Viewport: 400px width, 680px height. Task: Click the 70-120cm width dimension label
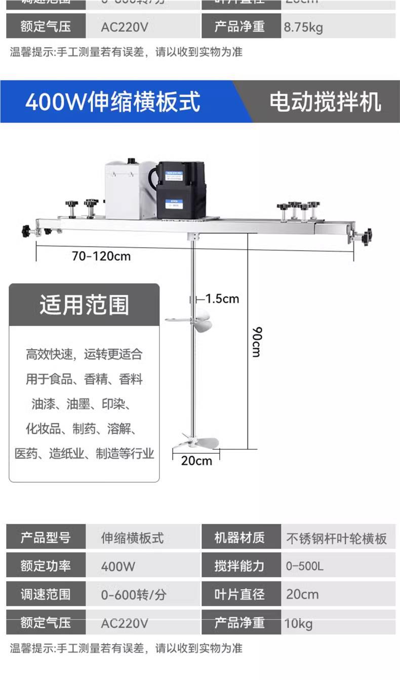point(101,256)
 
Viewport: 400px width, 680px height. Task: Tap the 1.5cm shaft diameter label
point(222,299)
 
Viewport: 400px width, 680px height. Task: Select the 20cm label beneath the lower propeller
point(196,461)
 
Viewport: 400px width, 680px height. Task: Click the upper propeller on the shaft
point(188,321)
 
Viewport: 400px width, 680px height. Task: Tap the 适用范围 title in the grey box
point(84,305)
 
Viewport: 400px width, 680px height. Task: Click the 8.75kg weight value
point(303,27)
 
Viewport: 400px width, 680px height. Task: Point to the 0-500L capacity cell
point(304,566)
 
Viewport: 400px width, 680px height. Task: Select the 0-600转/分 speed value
point(133,595)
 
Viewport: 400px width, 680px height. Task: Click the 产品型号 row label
point(46,537)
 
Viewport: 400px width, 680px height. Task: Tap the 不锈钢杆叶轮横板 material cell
point(336,538)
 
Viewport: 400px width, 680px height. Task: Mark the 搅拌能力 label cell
point(239,566)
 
